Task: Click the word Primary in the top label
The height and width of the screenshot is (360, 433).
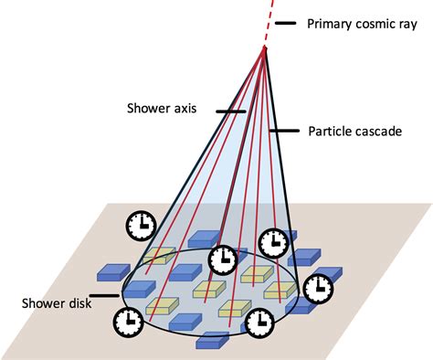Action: point(328,24)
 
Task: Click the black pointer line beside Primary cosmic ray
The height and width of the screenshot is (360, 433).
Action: point(286,24)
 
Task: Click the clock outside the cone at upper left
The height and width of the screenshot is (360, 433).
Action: point(140,223)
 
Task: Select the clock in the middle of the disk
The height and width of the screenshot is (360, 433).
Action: point(223,259)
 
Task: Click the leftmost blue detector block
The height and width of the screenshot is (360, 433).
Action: point(113,270)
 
